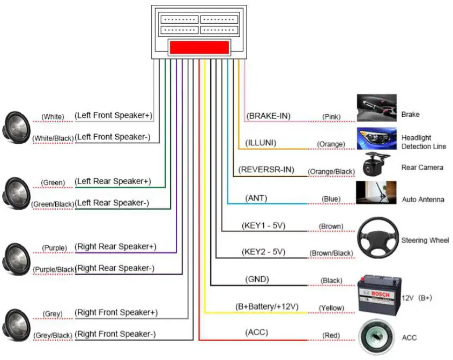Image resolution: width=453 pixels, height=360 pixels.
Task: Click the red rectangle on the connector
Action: pyautogui.click(x=199, y=47)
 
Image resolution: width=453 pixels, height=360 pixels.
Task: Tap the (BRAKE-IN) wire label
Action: pyautogui.click(x=268, y=115)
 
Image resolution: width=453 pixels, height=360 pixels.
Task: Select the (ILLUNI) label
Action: pyautogui.click(x=263, y=143)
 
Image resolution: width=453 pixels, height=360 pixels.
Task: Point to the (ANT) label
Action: pyautogui.click(x=256, y=198)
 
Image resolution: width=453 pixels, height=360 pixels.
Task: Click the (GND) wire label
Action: pyautogui.click(x=257, y=279)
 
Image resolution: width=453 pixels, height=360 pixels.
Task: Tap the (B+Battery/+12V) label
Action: pyautogui.click(x=266, y=307)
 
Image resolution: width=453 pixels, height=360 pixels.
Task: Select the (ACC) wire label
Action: pyautogui.click(x=256, y=333)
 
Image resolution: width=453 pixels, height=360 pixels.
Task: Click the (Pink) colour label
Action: pyautogui.click(x=331, y=116)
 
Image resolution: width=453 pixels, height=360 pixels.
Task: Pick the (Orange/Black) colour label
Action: pyautogui.click(x=331, y=172)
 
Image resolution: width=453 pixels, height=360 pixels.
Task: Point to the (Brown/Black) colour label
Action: pyautogui.click(x=331, y=253)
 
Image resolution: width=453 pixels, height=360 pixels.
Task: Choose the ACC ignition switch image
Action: pyautogui.click(x=376, y=337)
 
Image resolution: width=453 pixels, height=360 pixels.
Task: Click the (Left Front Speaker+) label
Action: pyautogui.click(x=113, y=115)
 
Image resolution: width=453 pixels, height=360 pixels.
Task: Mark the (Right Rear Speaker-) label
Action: pyautogui.click(x=115, y=268)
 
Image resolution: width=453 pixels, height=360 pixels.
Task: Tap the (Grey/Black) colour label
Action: pyautogui.click(x=53, y=336)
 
